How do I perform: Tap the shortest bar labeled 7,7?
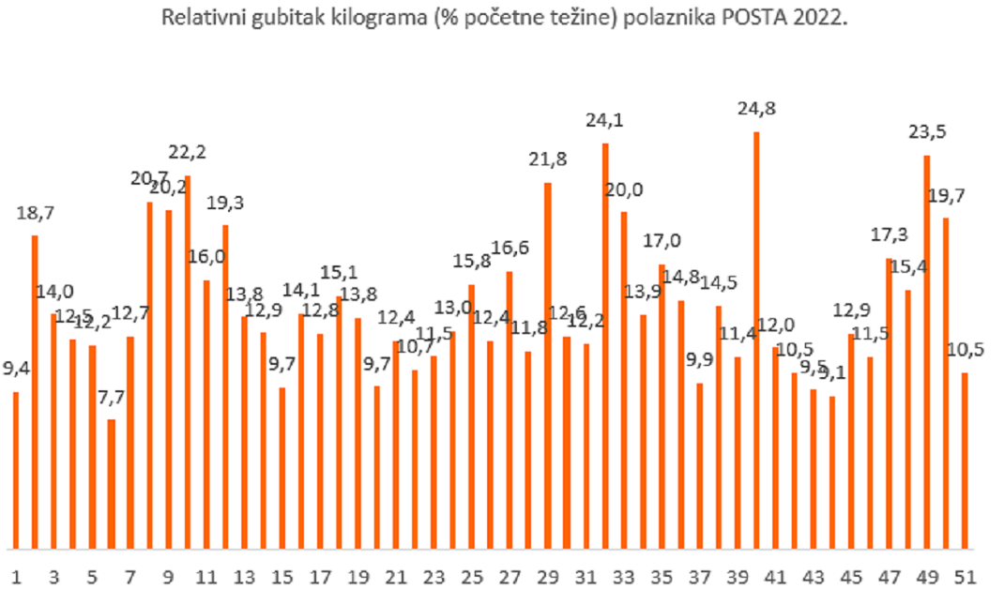coord(111,483)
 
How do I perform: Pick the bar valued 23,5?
coord(926,352)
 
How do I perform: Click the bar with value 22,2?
coord(188,362)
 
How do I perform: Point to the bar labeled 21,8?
coord(548,365)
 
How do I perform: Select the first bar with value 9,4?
coord(16,469)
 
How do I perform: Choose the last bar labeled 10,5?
coord(964,460)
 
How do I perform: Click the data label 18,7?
coord(36,213)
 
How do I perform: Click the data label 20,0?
coord(624,189)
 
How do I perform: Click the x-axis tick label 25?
coord(471,576)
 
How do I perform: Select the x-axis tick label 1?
coord(16,576)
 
